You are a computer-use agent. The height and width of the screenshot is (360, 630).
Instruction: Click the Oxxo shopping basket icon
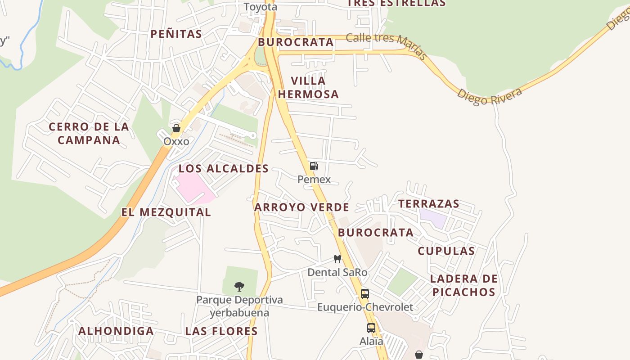tap(176, 129)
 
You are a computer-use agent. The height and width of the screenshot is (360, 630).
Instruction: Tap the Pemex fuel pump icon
tap(314, 166)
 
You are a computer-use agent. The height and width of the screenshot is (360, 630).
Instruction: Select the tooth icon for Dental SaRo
tap(337, 259)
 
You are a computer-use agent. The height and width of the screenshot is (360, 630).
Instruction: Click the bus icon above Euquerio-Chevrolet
tap(365, 294)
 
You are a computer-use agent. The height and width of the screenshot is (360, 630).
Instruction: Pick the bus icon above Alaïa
tap(371, 328)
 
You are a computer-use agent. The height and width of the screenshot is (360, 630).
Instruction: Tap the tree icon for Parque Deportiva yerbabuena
tap(239, 286)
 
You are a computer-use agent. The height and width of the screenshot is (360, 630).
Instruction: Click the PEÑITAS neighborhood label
tap(176, 34)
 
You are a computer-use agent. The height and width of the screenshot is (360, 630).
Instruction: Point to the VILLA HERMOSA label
tap(315, 87)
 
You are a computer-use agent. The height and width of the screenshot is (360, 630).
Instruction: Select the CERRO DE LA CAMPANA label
tap(89, 133)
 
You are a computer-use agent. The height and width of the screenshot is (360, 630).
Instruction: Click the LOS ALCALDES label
tap(224, 169)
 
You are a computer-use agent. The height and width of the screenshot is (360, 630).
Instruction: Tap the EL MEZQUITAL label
tap(166, 212)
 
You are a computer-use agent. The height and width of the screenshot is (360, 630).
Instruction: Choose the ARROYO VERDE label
tap(301, 207)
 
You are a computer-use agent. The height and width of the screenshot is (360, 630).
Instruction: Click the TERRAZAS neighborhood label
tap(429, 204)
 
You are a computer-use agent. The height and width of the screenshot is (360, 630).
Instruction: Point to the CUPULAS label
tap(446, 251)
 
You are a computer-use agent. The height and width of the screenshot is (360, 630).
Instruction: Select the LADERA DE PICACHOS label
tap(463, 285)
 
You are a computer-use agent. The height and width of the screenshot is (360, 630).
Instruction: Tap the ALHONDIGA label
tap(116, 331)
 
